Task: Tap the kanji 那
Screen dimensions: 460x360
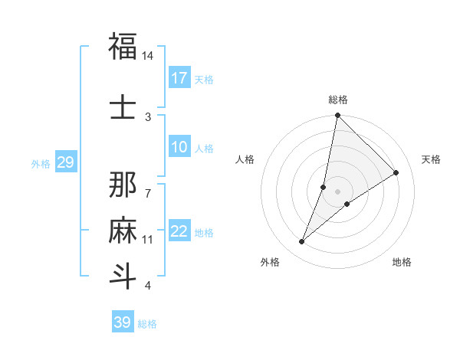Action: (123, 186)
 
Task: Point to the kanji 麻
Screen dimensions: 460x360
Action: (123, 231)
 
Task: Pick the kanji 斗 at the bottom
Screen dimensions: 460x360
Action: (123, 276)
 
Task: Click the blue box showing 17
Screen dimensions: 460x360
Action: (179, 78)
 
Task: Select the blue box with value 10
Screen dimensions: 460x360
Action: (179, 147)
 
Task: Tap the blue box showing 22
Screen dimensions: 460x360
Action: (179, 231)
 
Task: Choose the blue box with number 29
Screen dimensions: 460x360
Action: (65, 162)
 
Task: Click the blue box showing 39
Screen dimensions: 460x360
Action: (123, 322)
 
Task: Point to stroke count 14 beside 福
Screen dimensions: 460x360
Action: (148, 57)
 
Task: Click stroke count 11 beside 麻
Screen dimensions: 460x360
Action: (148, 240)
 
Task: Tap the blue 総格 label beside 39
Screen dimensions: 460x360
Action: (147, 324)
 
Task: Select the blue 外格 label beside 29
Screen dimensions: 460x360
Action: (41, 163)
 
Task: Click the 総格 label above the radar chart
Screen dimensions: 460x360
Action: (338, 100)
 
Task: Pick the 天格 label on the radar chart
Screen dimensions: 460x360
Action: (432, 159)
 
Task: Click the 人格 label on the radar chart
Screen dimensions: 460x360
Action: (245, 159)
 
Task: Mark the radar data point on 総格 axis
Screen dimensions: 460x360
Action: (337, 116)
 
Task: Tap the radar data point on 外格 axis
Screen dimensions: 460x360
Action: (302, 242)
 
